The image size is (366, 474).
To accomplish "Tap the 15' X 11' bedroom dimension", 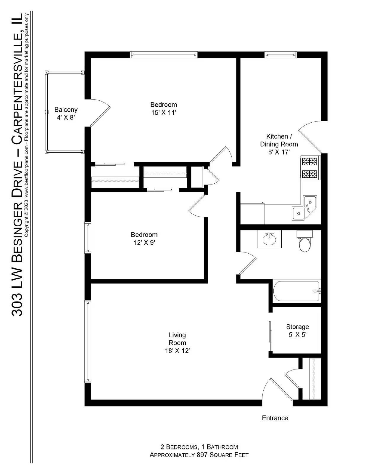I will pos(163,113).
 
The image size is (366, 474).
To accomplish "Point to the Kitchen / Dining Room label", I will pos(279,140).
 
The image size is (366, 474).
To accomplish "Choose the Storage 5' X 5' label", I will pos(297,331).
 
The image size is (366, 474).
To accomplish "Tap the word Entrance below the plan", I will pos(275,418).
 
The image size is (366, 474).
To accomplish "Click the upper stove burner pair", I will pos(309,162).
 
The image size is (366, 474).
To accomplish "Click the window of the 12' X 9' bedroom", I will pos(88,238).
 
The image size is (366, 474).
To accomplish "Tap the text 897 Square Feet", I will pos(222,455).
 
